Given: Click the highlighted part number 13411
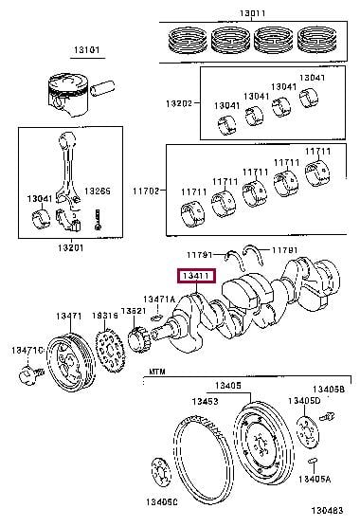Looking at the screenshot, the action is click(196, 276).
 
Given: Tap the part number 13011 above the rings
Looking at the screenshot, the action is click(253, 13).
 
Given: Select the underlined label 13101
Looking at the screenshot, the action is click(86, 50).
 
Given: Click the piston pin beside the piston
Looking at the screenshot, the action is click(103, 88).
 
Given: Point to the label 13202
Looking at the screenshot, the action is click(179, 103).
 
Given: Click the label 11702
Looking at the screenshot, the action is click(146, 191).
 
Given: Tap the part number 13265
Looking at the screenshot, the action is click(98, 191).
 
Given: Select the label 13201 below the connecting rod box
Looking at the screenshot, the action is click(70, 248).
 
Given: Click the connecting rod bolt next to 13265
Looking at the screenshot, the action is click(98, 220).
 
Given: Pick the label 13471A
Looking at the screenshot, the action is click(159, 299).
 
